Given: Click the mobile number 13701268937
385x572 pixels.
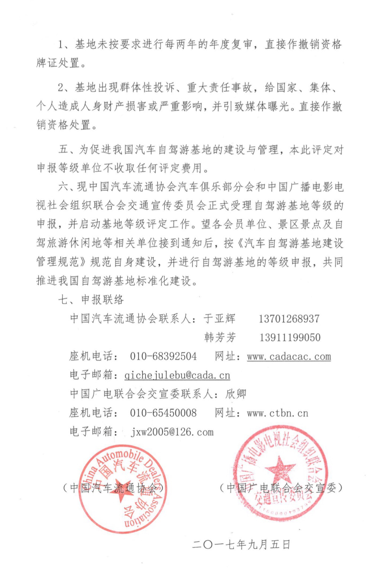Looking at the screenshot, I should click(x=289, y=319).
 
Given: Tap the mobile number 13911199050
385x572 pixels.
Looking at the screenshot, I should click(x=289, y=338).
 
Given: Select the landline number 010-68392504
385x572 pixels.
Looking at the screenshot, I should click(x=163, y=357).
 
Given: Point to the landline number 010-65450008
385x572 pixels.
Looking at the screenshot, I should click(x=163, y=413).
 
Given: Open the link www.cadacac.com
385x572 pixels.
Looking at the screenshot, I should click(x=289, y=357).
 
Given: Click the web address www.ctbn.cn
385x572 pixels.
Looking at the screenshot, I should click(x=277, y=413).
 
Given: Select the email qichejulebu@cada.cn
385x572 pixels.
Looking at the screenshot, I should click(x=177, y=376).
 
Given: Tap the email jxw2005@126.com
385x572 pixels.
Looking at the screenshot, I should click(x=172, y=432).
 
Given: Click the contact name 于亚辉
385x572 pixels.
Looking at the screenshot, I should click(x=219, y=319).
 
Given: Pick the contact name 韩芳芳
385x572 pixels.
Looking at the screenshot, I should click(x=220, y=338).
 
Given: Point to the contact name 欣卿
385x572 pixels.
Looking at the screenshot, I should click(x=236, y=394).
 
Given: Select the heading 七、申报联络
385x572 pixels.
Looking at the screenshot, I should click(x=91, y=300).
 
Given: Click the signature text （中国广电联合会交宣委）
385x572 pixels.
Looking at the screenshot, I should click(x=281, y=488).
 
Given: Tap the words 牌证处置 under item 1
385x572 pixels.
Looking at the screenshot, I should click(x=58, y=63).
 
